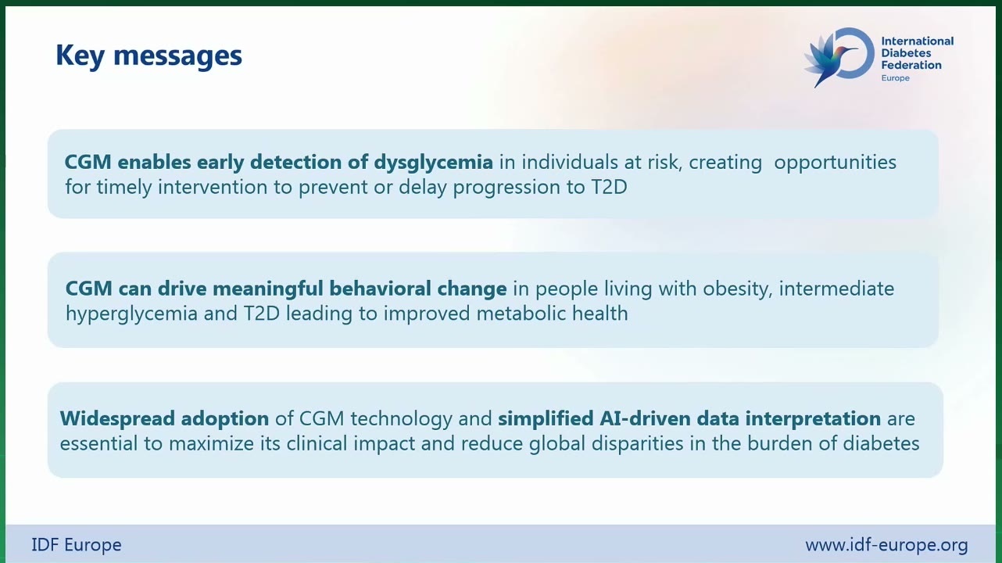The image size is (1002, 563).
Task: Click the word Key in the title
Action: (80, 56)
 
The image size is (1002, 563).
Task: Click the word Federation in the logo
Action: (911, 65)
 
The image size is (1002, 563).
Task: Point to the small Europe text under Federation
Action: (895, 78)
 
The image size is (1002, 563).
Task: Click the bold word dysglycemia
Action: (433, 163)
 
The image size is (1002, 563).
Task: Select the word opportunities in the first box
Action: (836, 163)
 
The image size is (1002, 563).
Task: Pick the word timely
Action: (124, 188)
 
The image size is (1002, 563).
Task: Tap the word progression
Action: (506, 188)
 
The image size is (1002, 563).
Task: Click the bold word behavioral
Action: (380, 289)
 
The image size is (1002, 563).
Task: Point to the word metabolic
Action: (521, 314)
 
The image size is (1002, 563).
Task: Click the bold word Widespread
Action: (117, 419)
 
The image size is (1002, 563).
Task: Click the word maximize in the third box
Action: (211, 444)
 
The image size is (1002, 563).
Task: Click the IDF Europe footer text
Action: (77, 545)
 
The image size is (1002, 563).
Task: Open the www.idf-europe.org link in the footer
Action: (886, 546)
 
